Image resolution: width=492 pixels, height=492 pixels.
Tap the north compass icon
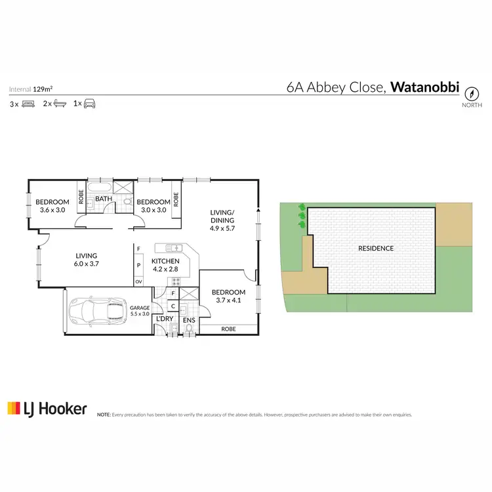pyautogui.click(x=472, y=94)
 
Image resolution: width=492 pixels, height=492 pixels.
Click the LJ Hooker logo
pyautogui.click(x=47, y=409)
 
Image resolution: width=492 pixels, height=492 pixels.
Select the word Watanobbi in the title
pyautogui.click(x=424, y=87)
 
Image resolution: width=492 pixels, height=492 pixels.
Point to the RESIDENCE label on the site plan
pyautogui.click(x=376, y=248)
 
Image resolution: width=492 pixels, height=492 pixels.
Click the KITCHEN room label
pyautogui.click(x=165, y=261)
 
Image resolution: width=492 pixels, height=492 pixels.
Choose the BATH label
pyautogui.click(x=104, y=198)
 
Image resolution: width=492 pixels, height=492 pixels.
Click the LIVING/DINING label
pyautogui.click(x=222, y=216)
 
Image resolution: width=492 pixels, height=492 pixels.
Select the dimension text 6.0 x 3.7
pyautogui.click(x=86, y=264)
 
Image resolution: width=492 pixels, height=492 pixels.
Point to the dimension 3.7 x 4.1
pyautogui.click(x=228, y=300)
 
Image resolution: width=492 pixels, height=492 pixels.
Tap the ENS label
pyautogui.click(x=189, y=320)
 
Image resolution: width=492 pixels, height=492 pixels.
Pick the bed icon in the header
pyautogui.click(x=28, y=104)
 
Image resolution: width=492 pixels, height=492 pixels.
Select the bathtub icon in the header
pyautogui.click(x=60, y=104)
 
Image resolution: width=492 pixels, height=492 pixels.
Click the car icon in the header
pyautogui.click(x=89, y=104)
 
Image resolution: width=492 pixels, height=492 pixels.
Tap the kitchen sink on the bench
pyautogui.click(x=174, y=247)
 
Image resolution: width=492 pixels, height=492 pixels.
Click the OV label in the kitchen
pyautogui.click(x=138, y=281)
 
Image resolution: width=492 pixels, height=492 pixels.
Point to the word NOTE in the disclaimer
pyautogui.click(x=104, y=415)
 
